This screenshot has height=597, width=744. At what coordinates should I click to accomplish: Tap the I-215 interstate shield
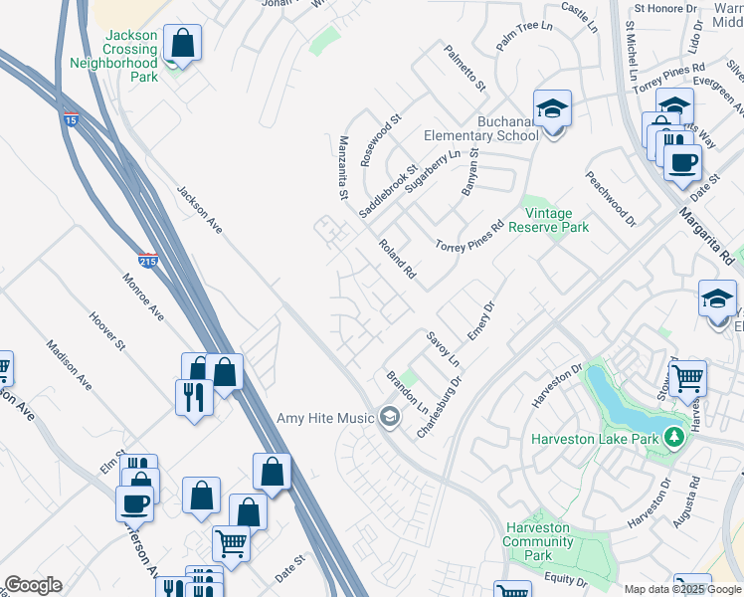[x=147, y=261]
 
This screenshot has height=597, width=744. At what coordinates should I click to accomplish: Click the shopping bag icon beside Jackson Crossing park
[x=182, y=43]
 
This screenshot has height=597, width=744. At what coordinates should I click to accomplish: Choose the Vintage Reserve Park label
[x=548, y=220]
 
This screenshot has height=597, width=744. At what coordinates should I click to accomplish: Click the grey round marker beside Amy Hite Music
[x=389, y=417]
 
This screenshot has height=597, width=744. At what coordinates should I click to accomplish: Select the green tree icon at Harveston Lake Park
[x=674, y=438]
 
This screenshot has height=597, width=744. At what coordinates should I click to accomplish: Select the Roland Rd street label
[x=396, y=259]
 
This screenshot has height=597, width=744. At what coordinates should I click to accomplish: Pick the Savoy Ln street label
[x=443, y=349]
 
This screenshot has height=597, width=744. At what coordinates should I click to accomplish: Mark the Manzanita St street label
[x=343, y=167]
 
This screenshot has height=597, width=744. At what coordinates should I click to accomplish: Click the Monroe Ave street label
[x=143, y=297]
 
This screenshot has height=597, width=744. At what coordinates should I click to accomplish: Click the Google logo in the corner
[x=34, y=585]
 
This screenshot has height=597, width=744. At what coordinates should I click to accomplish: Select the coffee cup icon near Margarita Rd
[x=681, y=162]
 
